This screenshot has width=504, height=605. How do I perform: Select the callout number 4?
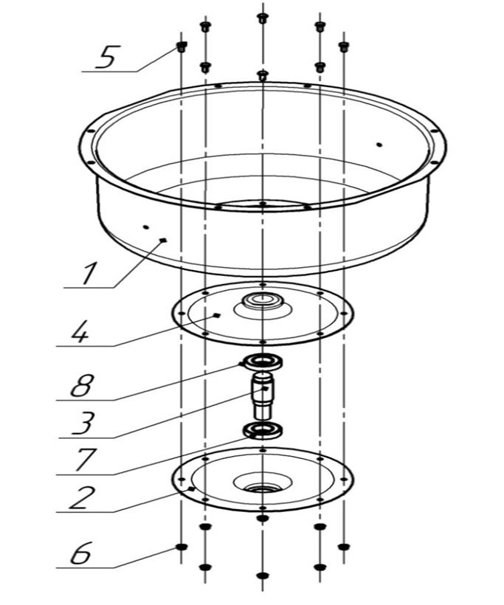[80, 331]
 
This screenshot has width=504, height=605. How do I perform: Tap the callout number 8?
[82, 384]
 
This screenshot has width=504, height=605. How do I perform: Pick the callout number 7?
[85, 459]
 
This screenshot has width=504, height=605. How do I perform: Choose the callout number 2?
[81, 497]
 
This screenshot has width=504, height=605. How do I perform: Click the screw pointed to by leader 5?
[182, 47]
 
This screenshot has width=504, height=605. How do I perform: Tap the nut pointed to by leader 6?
[181, 547]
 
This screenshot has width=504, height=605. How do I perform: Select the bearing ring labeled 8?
[262, 362]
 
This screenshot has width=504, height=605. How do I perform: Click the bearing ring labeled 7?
[262, 431]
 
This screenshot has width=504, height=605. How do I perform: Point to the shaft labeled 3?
[263, 395]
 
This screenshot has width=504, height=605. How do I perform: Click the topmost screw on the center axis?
[263, 18]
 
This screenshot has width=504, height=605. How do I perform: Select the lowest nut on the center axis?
[263, 575]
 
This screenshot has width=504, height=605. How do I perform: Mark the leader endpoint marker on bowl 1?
[163, 240]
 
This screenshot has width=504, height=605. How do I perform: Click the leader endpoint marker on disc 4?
[217, 315]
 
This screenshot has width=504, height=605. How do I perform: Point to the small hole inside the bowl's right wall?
[379, 145]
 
